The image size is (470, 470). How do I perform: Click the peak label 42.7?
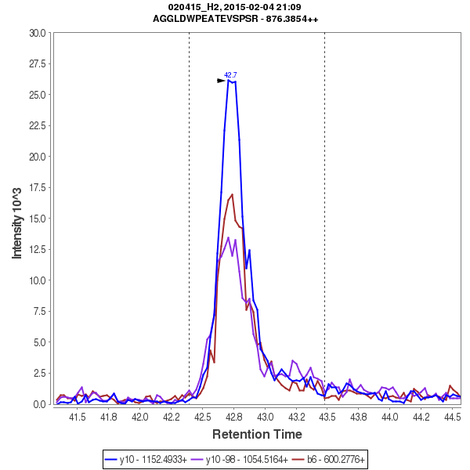click(x=230, y=75)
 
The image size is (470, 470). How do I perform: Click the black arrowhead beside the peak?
click(x=221, y=81)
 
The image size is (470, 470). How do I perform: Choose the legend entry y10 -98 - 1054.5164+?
click(x=247, y=459)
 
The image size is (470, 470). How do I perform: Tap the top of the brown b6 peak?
click(x=232, y=194)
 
